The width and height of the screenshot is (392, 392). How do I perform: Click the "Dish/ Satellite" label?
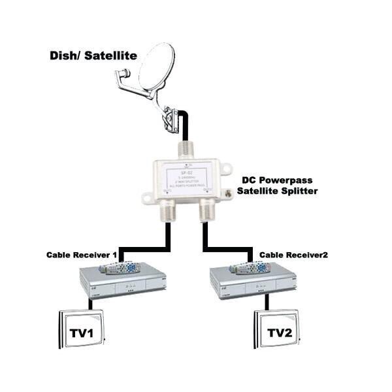[93, 56]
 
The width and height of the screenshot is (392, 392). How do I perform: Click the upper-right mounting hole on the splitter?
[225, 169]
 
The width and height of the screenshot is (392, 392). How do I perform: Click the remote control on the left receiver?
[122, 268]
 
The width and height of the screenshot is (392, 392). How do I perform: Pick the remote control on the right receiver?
[252, 268]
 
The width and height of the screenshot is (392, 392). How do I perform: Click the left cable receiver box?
[122, 284]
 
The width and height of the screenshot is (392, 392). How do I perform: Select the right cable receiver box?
[252, 284]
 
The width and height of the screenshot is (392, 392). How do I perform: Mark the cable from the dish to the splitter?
[186, 124]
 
